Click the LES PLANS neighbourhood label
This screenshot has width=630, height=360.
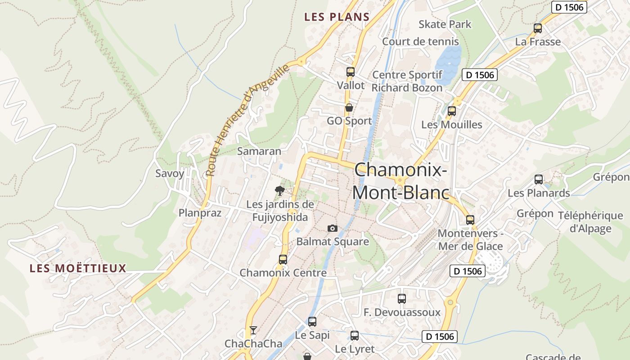pyautogui.click(x=337, y=17)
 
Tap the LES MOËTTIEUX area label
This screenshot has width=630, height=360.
pyautogui.click(x=78, y=269)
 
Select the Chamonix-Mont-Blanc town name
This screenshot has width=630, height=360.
pyautogui.click(x=400, y=181)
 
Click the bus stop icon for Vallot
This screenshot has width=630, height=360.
pyautogui.click(x=350, y=72)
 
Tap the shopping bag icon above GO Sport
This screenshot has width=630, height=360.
pyautogui.click(x=349, y=108)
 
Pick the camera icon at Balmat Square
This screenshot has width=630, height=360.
pyautogui.click(x=333, y=228)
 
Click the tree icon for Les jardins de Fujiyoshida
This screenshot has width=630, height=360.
pyautogui.click(x=280, y=190)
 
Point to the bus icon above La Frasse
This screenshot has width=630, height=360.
pyautogui.click(x=537, y=28)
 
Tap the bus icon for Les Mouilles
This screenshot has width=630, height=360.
pyautogui.click(x=451, y=111)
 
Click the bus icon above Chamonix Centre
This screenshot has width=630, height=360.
pyautogui.click(x=283, y=259)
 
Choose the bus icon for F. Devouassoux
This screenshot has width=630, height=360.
pyautogui.click(x=401, y=298)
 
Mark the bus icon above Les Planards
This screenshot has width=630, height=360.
pyautogui.click(x=538, y=180)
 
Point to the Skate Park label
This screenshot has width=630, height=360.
pyautogui.click(x=445, y=24)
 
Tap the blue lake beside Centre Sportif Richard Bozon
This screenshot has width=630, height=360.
pyautogui.click(x=448, y=63)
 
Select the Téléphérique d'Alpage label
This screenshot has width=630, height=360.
pyautogui.click(x=590, y=222)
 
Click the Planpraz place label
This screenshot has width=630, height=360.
pyautogui.click(x=200, y=213)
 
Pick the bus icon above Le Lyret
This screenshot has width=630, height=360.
pyautogui.click(x=355, y=335)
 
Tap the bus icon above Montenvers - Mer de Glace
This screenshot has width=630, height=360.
pyautogui.click(x=470, y=220)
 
